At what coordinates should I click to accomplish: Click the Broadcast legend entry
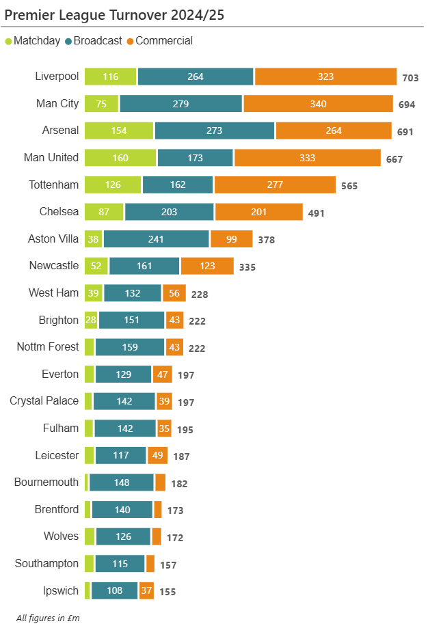tap(93, 41)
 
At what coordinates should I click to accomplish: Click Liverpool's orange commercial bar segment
tap(325, 77)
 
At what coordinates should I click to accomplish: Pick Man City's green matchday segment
tap(101, 104)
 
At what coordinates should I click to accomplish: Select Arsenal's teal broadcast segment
tap(214, 131)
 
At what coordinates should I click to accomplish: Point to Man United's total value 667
tap(394, 159)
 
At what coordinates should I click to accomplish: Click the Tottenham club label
tap(54, 185)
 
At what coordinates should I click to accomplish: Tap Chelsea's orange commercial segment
tap(258, 212)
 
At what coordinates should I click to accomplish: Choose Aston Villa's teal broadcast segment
tap(156, 239)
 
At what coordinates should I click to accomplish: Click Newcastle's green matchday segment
tap(96, 266)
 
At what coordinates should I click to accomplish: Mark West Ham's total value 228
tap(199, 295)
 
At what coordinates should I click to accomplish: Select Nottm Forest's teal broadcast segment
tap(129, 347)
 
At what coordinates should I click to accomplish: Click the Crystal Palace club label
tap(44, 400)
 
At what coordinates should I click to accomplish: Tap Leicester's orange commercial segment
tap(157, 455)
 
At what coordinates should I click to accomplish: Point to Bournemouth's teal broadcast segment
tap(121, 482)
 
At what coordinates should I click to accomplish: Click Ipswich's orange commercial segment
tap(146, 591)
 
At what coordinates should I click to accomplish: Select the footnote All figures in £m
tap(48, 618)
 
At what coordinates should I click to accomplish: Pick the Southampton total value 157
tap(167, 565)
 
